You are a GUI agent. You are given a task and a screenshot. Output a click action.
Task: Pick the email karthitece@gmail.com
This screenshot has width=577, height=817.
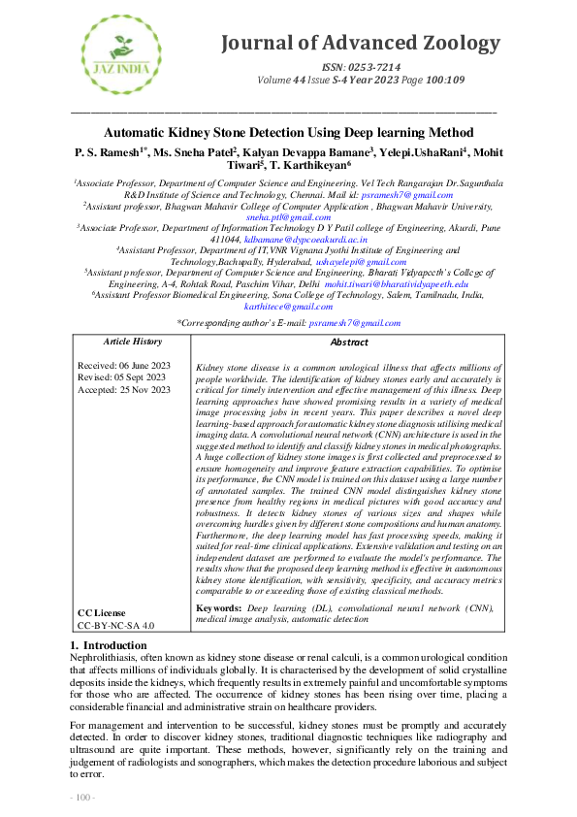click(x=289, y=306)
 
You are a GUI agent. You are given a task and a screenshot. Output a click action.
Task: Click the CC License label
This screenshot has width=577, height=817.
click(x=102, y=613)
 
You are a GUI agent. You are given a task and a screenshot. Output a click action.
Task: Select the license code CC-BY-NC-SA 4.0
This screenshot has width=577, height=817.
click(x=115, y=626)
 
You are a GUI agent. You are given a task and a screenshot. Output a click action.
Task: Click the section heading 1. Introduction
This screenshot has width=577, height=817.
click(x=109, y=645)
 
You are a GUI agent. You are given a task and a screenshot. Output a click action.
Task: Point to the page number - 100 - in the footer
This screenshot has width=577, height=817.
click(x=82, y=797)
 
